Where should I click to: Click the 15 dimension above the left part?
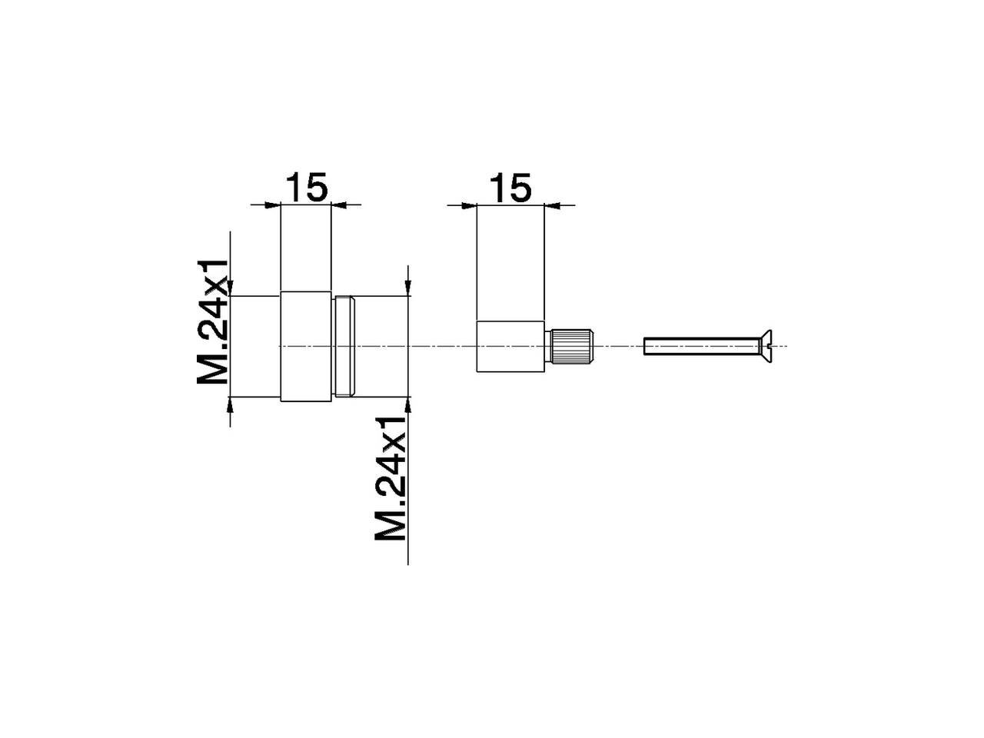tap(307, 188)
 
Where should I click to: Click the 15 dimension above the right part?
tap(510, 188)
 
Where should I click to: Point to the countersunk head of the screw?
tap(767, 346)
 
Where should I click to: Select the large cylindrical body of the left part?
tap(307, 347)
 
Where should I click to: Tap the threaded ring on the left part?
tap(344, 347)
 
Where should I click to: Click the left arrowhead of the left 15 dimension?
tap(272, 204)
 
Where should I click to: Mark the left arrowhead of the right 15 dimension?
tap(468, 205)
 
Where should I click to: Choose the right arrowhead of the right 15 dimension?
tap(553, 205)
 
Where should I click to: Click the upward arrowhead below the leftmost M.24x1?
tap(230, 405)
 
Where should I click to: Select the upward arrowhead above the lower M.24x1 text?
tap(408, 405)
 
